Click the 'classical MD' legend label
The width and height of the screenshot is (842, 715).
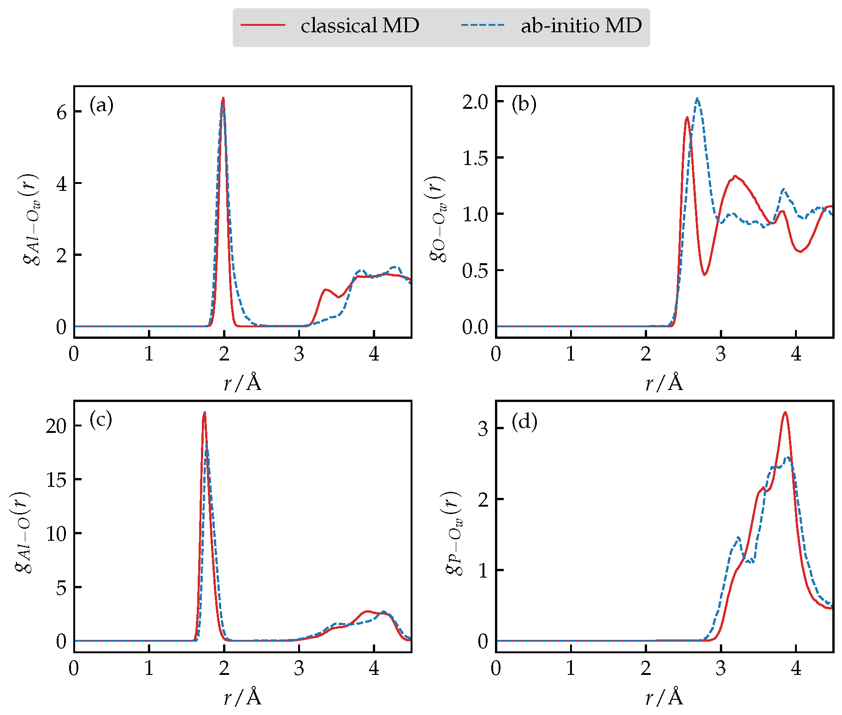[x=359, y=26]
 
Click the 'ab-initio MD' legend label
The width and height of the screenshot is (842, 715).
[x=581, y=26]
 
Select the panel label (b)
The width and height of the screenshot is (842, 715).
[x=524, y=104]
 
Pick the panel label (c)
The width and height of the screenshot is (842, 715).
[x=101, y=420]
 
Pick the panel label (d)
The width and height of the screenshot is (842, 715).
[x=524, y=421]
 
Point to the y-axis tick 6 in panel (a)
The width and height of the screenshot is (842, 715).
[x=62, y=112]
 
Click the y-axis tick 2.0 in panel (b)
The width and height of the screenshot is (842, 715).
[x=475, y=102]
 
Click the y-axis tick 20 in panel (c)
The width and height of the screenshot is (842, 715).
[x=56, y=426]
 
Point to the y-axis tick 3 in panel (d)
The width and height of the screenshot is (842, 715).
[x=483, y=429]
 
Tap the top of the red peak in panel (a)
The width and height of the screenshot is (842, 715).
[x=223, y=98]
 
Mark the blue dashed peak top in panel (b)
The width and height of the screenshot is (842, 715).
[x=697, y=98]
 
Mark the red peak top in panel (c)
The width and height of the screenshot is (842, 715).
[x=204, y=413]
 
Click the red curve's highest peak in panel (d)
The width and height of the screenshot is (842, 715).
[x=785, y=413]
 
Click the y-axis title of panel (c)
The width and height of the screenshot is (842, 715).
[x=23, y=532]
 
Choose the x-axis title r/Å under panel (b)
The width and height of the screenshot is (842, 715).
[x=664, y=383]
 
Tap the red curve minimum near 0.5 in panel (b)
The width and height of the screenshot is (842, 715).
[x=705, y=275]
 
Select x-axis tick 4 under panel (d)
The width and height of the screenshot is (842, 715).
[x=796, y=668]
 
